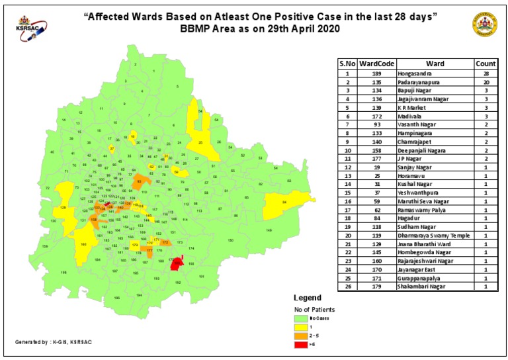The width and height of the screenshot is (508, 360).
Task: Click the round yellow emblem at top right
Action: click(482, 24)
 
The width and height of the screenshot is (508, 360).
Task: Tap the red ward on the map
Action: click(176, 264)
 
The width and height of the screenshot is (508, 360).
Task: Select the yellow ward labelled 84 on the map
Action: click(283, 206)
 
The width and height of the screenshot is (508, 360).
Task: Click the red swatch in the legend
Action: click(302, 343)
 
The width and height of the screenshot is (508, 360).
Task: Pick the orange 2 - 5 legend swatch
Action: click(302, 335)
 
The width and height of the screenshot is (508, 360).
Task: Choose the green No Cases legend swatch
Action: click(302, 318)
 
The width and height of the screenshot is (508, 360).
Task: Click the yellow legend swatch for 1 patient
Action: click(302, 326)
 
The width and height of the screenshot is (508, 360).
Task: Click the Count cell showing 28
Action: click(486, 73)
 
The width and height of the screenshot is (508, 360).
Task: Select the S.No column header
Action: click(347, 64)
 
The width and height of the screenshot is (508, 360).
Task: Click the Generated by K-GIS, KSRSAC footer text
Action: click(54, 341)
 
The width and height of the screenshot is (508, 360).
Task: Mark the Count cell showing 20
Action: click(486, 81)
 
